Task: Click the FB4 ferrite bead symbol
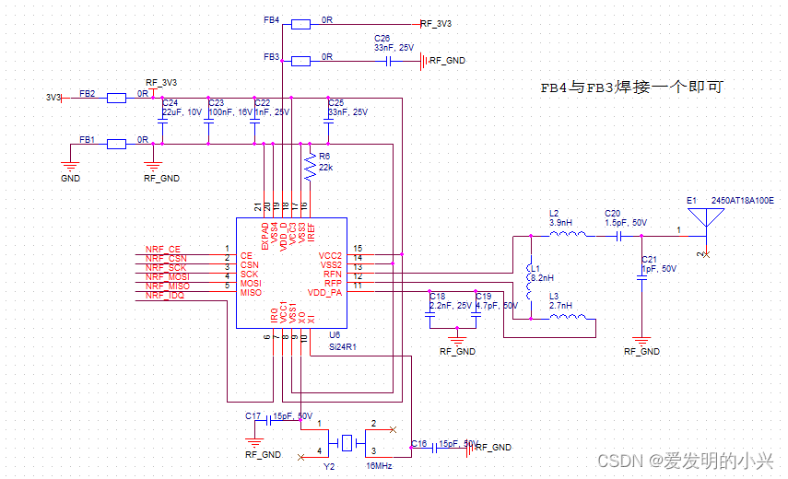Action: click(x=300, y=24)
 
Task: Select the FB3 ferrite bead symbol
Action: click(x=300, y=62)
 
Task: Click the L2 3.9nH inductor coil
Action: click(x=569, y=234)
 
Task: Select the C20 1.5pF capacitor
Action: click(x=620, y=235)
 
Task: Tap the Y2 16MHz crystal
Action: click(x=347, y=443)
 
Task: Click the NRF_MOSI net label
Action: click(x=167, y=275)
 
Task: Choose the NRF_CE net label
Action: click(x=163, y=250)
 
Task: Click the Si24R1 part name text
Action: click(x=342, y=347)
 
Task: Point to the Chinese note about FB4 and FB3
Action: click(x=630, y=88)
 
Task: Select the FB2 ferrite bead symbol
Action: click(x=116, y=97)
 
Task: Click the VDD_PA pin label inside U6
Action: click(x=324, y=292)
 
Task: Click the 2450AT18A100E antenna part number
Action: click(x=743, y=200)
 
